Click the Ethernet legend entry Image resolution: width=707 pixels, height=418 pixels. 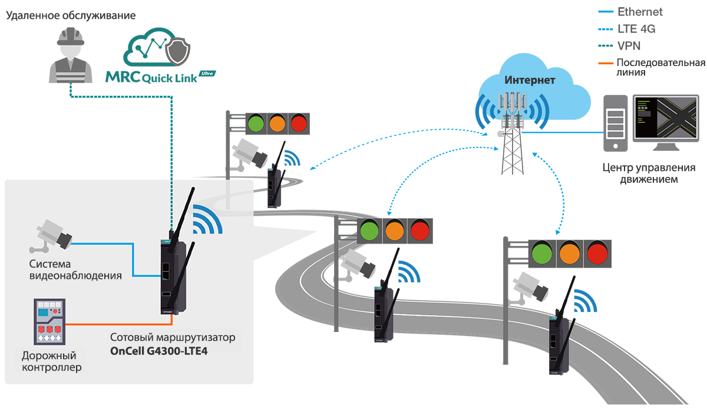tap(639, 12)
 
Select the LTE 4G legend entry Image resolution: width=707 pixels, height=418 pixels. tap(636, 28)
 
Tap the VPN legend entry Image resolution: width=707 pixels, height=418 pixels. tap(629, 45)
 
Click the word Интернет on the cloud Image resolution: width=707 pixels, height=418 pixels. tap(530, 80)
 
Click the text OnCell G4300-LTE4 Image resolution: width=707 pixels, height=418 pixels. tap(160, 351)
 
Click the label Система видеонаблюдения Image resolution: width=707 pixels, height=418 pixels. tap(75, 269)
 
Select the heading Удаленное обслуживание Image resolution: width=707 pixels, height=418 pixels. tap(71, 15)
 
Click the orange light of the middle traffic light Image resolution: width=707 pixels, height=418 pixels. tap(394, 230)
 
